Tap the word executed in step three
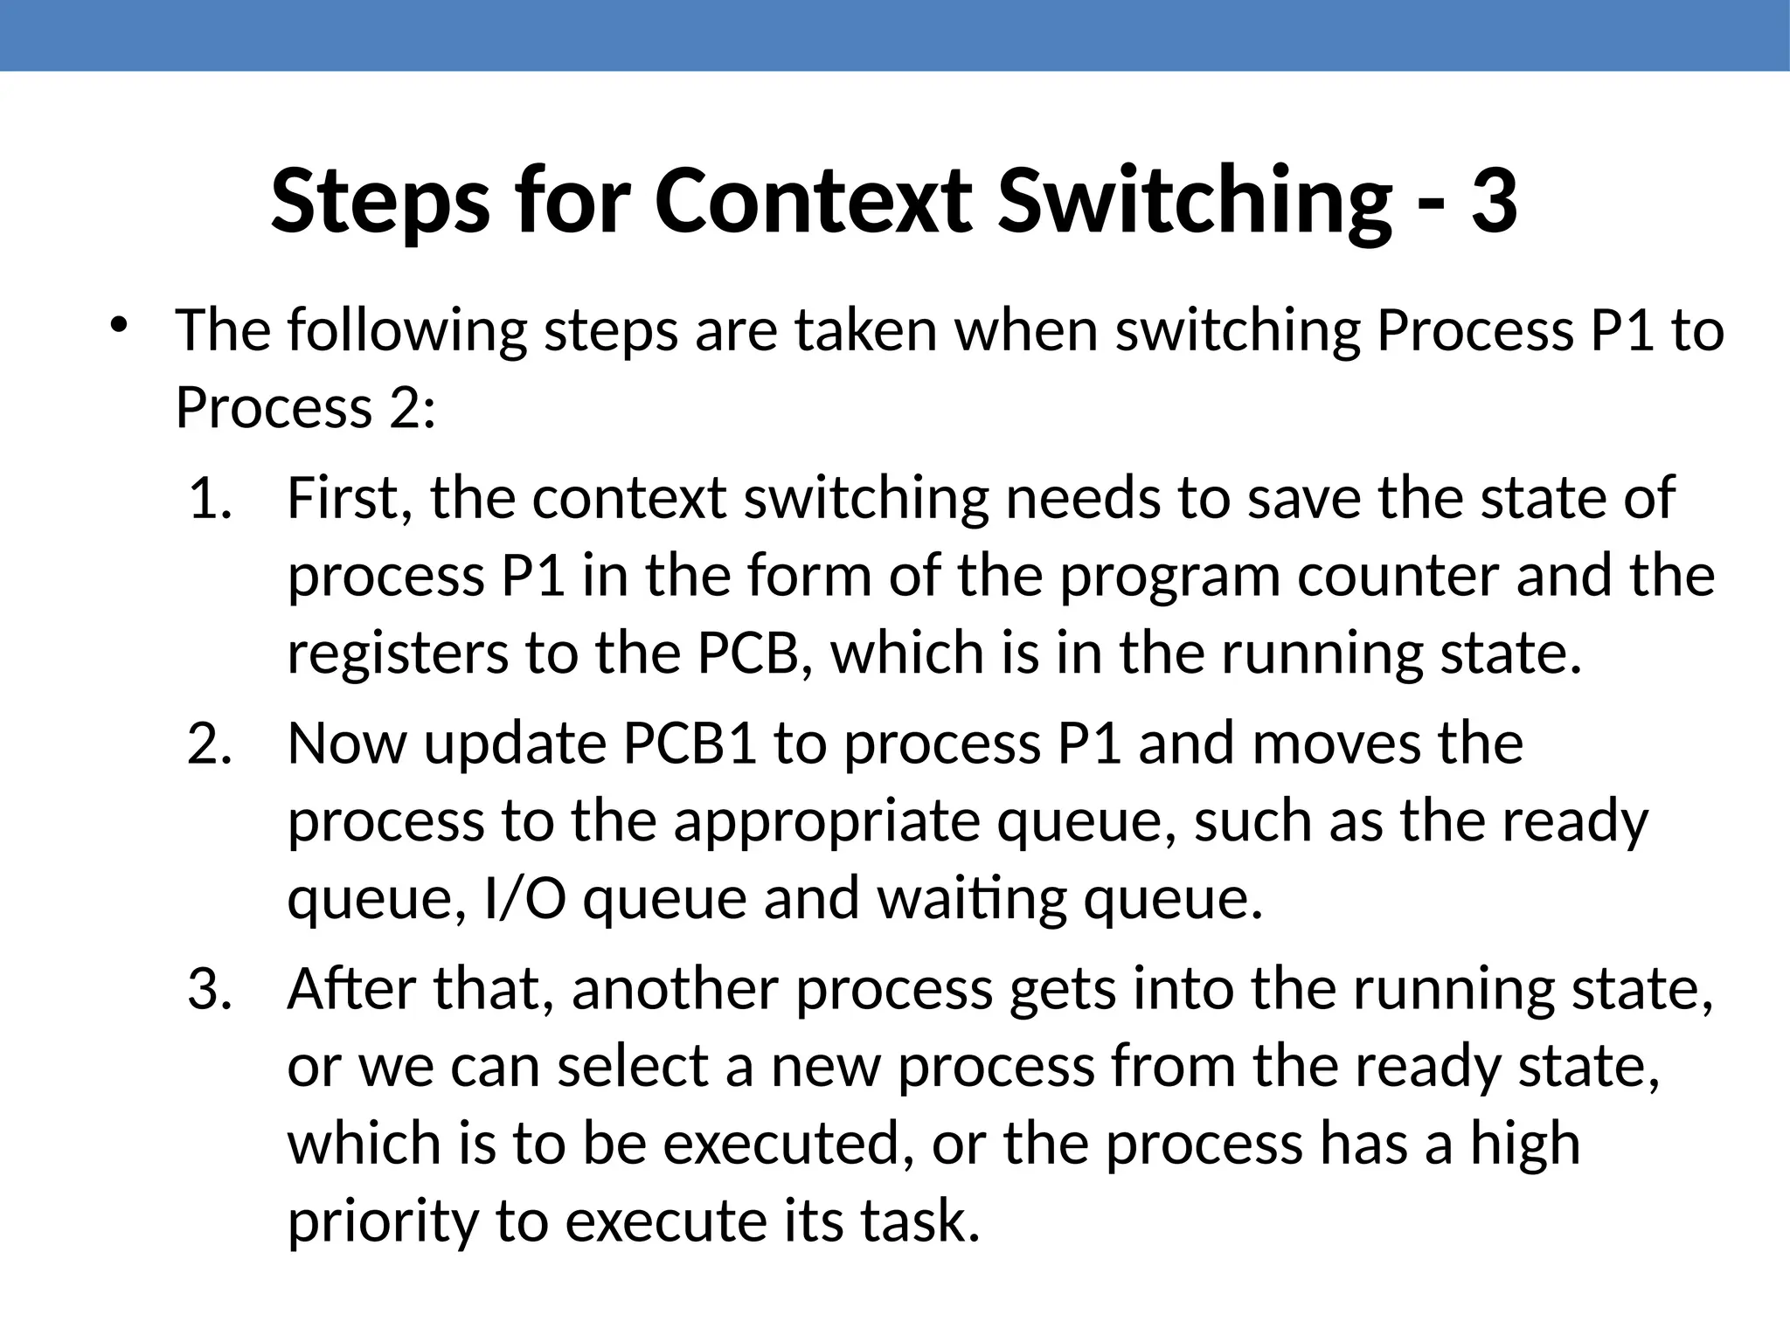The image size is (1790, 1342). [x=782, y=1144]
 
